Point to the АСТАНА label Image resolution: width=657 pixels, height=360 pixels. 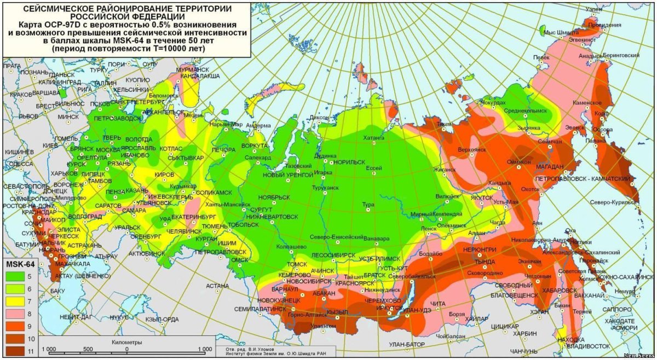click(x=218, y=285)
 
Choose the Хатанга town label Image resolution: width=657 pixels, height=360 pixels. click(x=373, y=139)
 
